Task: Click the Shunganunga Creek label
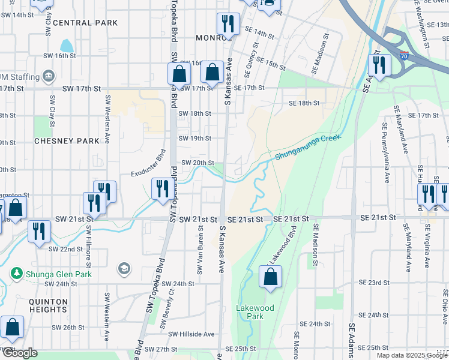tap(308, 147)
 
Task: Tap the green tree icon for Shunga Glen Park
tap(16, 273)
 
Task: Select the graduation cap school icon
tap(124, 268)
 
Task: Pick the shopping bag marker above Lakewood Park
tap(271, 277)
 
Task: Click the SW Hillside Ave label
tap(191, 334)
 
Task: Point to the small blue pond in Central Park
tap(67, 45)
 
